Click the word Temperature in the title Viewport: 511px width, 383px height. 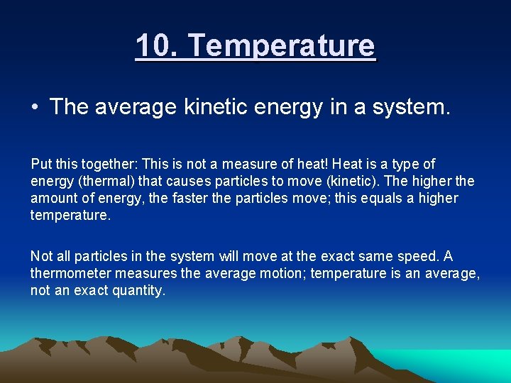coord(282,46)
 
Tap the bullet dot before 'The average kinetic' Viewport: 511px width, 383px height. coord(35,107)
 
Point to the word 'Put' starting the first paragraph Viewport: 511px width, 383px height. coord(41,165)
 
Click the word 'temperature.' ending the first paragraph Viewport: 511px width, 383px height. coord(71,216)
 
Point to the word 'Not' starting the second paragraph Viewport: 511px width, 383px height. coord(41,257)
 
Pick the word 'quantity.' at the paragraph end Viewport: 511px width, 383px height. coord(138,291)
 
